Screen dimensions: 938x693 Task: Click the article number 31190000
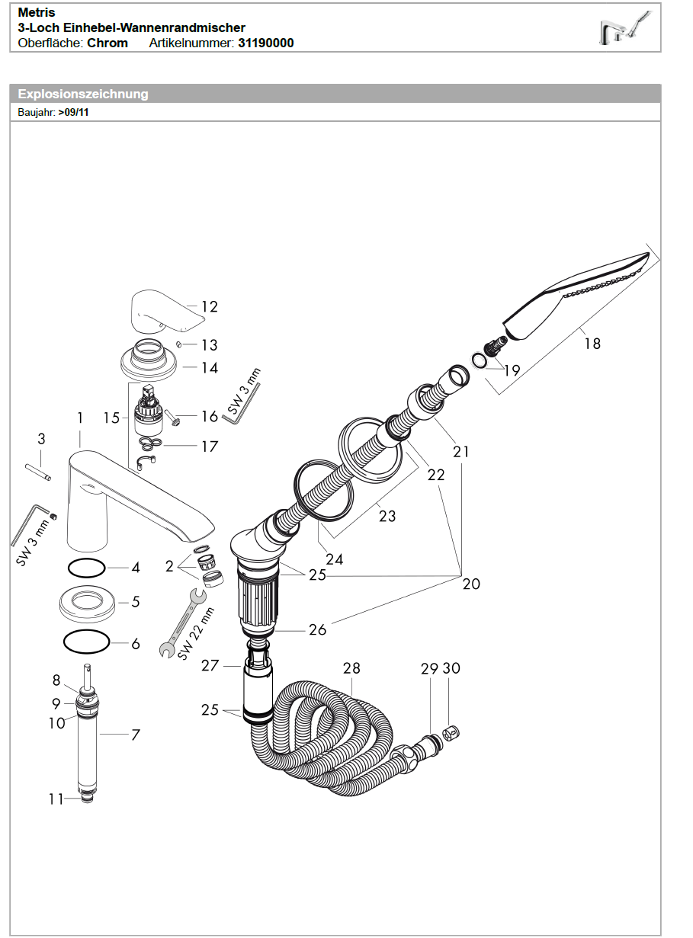(265, 43)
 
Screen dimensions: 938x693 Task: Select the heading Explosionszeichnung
(83, 94)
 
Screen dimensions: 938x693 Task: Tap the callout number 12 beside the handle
(209, 307)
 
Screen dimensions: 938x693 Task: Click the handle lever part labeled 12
(161, 309)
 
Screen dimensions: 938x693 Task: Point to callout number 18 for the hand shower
(592, 344)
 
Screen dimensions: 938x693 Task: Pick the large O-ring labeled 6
(86, 642)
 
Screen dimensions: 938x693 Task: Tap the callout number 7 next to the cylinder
(136, 735)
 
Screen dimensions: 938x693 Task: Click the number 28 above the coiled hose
(351, 668)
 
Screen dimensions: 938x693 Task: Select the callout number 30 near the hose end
(451, 668)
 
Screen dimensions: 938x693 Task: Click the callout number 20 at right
(471, 584)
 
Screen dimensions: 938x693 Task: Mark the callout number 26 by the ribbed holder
(317, 629)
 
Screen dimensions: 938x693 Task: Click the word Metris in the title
(37, 13)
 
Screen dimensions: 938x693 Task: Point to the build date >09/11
(74, 112)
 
